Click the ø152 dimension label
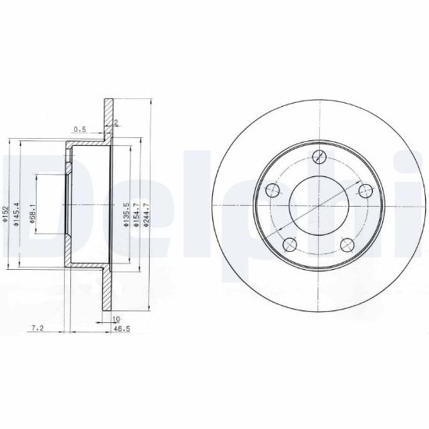coord(5,214)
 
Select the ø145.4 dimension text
coord(16,214)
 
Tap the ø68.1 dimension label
coord(33,214)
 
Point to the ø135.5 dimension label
coord(126,214)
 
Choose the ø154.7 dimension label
coord(136,214)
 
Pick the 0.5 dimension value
coord(80,129)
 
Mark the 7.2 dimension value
coord(37,328)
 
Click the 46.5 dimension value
coord(122,328)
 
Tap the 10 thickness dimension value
coord(116,319)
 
